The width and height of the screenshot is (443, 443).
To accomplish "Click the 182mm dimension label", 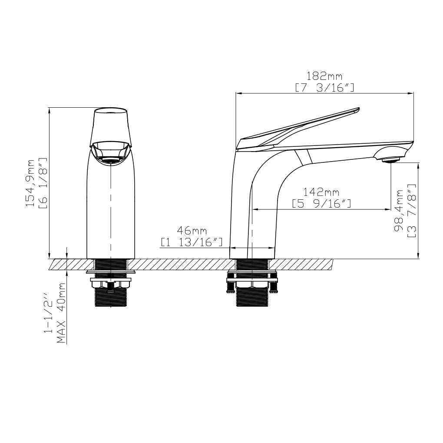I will pos(324,77).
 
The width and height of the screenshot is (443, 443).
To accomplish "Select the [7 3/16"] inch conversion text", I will pos(324,88).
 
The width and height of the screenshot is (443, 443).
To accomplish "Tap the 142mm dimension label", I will pos(321,192).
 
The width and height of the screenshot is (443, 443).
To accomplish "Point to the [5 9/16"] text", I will pos(321,203).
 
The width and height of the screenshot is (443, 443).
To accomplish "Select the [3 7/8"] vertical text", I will pos(411,211).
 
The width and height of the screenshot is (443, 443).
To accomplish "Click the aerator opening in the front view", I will pos(111,162).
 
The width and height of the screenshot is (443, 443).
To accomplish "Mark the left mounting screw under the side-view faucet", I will pos(230,284).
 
